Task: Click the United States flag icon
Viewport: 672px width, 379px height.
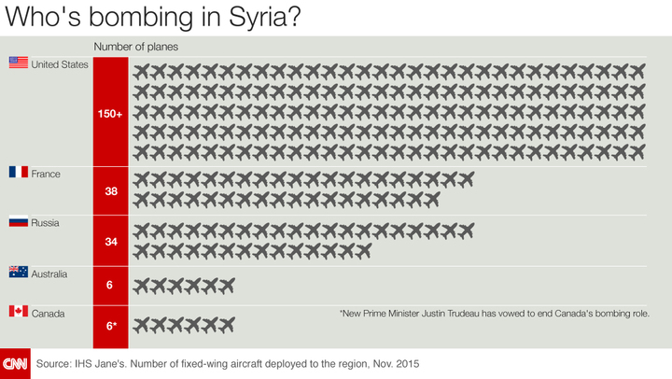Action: [18, 63]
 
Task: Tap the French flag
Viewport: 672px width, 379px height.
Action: [18, 173]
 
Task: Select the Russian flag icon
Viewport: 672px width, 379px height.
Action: [18, 222]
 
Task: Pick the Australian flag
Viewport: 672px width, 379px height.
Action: [18, 272]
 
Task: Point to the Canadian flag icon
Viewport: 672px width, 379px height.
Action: [18, 312]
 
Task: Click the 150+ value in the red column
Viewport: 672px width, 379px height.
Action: [110, 113]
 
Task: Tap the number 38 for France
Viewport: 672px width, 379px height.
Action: [110, 191]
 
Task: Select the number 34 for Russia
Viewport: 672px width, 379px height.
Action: [110, 241]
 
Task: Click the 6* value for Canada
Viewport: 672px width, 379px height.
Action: [110, 325]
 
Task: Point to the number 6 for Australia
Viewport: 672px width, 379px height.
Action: [110, 285]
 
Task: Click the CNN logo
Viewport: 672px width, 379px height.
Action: [15, 363]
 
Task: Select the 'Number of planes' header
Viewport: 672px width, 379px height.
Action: [135, 46]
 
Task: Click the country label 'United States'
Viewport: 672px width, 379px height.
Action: [60, 63]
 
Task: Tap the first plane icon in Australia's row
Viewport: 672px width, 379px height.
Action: [143, 285]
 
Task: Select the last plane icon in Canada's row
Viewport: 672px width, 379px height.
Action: [225, 325]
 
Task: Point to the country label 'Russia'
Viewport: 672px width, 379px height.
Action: [46, 222]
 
